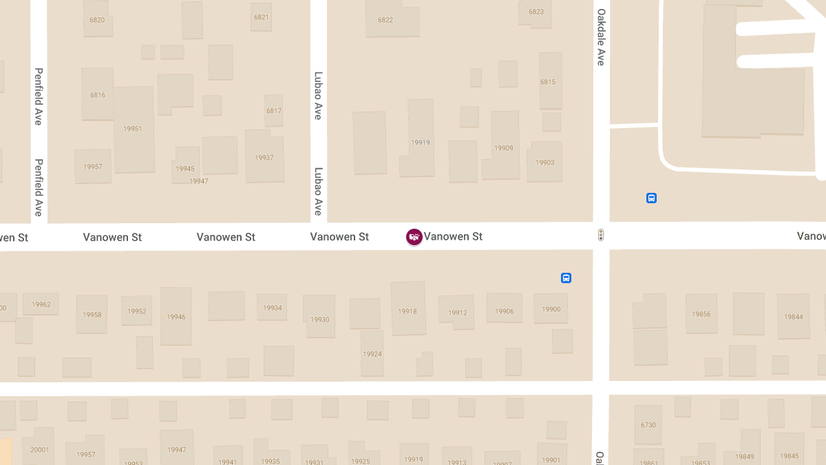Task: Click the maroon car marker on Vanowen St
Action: click(414, 236)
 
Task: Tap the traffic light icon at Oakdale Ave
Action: click(601, 236)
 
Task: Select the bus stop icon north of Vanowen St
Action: click(651, 198)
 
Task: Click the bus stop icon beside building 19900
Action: click(566, 278)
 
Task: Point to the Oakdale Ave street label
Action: click(601, 37)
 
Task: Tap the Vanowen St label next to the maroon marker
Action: click(453, 236)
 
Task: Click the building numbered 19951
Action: click(133, 129)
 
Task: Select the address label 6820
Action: click(97, 20)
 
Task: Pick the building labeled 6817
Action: click(274, 111)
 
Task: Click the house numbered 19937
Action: click(264, 158)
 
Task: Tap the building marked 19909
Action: click(504, 148)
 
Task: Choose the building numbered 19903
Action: click(544, 163)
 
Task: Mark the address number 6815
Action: click(548, 82)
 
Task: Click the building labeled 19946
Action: click(176, 317)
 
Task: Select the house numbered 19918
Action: click(407, 311)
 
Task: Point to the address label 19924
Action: click(372, 354)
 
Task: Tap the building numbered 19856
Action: click(701, 314)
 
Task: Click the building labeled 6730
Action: click(648, 425)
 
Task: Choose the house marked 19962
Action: click(41, 304)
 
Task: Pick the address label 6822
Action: click(385, 20)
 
